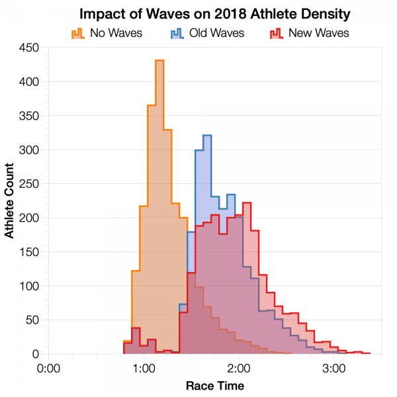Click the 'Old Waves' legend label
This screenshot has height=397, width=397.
point(216,32)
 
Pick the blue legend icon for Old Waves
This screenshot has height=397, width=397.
point(177,32)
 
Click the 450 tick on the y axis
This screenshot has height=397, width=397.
point(30,48)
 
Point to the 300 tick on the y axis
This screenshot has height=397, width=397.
point(30,150)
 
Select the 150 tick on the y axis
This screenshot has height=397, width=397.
point(30,252)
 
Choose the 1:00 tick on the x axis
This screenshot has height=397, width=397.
point(144,368)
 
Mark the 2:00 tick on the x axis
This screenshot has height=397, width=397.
point(238,368)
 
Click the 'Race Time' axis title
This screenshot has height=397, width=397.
point(214,385)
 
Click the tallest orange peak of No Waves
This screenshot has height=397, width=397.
point(159,61)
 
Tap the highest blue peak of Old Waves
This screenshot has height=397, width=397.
point(207,136)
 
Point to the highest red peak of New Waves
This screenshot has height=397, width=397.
point(247,203)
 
